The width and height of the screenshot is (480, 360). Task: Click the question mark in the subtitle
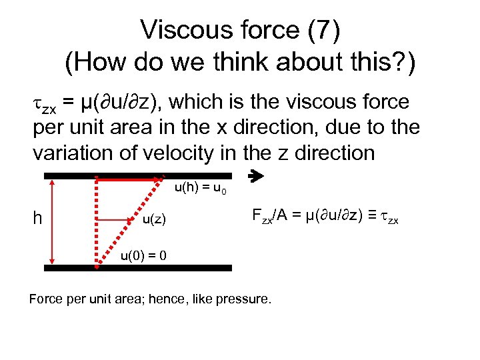(x=397, y=63)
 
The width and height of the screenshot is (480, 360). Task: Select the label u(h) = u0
(x=200, y=189)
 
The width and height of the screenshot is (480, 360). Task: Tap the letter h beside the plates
(x=37, y=218)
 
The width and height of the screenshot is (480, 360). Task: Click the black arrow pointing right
(x=256, y=177)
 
